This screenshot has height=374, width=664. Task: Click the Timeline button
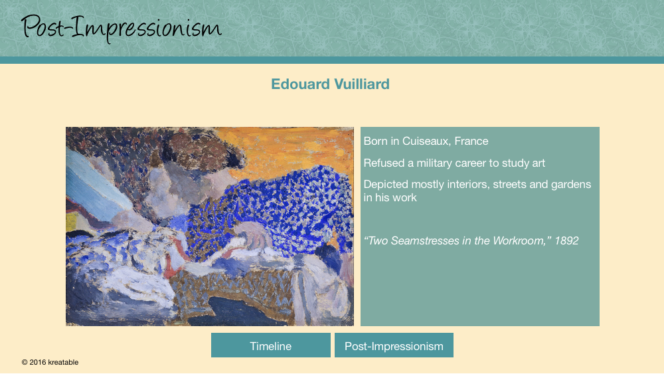271,345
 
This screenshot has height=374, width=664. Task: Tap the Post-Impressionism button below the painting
394,345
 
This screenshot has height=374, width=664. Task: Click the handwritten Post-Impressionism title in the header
121,28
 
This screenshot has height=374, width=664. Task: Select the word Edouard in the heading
300,84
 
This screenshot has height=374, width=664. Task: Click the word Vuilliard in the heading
362,84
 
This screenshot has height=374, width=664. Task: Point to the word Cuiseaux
426,141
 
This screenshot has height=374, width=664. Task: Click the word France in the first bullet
471,141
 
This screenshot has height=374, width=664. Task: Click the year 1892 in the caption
566,240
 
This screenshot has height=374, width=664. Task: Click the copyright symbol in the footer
25,362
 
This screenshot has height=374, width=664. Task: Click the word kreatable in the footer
63,362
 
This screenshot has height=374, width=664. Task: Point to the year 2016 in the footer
38,362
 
